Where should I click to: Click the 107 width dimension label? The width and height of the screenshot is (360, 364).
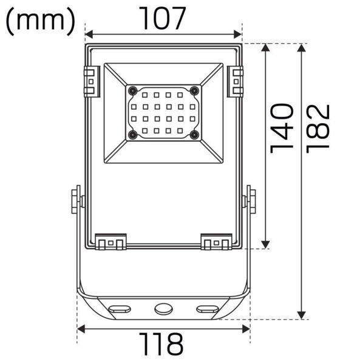[x=162, y=18]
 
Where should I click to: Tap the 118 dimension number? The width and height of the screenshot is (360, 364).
[x=161, y=344]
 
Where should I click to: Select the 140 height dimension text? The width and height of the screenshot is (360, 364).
[x=282, y=129]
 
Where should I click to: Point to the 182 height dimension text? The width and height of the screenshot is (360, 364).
[x=318, y=129]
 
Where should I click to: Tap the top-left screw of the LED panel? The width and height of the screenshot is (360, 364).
[x=132, y=90]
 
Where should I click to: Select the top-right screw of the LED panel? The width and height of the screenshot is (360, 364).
[x=194, y=90]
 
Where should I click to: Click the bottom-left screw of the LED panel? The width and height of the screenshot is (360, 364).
[x=133, y=135]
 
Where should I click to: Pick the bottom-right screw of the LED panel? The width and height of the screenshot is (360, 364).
[x=194, y=135]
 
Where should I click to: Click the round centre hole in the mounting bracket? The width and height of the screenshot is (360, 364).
[x=163, y=309]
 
